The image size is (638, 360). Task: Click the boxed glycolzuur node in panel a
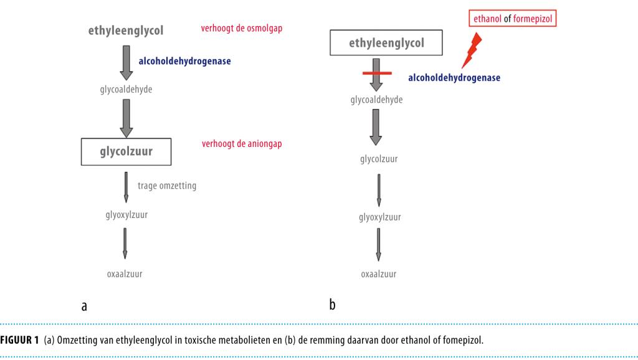coord(126,151)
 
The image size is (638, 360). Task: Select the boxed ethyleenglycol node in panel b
coord(386,43)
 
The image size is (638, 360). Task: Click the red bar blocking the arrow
coord(376,73)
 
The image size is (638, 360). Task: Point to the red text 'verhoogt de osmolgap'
coord(241,29)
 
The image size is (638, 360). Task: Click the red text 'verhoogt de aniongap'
coord(242,144)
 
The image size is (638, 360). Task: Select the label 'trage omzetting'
coord(171,186)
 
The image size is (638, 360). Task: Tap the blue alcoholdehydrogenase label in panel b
coord(454,78)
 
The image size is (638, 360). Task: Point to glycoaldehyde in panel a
coord(126,89)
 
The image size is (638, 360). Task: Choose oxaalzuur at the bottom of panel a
coord(125,273)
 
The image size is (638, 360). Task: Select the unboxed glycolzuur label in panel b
coord(378,159)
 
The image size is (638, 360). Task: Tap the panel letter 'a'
coord(84,306)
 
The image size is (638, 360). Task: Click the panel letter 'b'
coord(333,305)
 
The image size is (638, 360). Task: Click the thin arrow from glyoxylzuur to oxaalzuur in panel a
coord(125,243)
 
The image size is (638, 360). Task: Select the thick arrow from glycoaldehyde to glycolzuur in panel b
coord(376,127)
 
